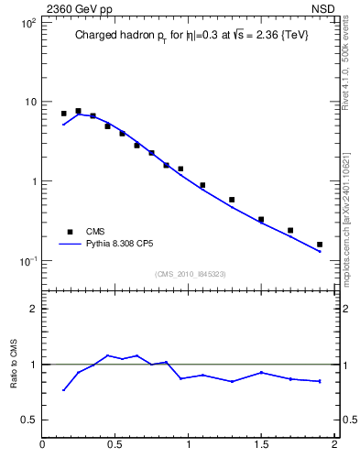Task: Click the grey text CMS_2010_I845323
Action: (x=191, y=274)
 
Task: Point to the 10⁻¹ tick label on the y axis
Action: (x=27, y=261)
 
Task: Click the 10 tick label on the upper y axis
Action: (x=29, y=102)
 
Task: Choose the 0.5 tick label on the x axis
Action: (x=115, y=445)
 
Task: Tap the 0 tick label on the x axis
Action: (x=42, y=445)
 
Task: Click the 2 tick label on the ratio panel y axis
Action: (x=33, y=309)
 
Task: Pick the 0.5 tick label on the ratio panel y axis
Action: (x=29, y=420)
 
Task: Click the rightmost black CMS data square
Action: (x=320, y=245)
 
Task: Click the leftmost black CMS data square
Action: (x=63, y=114)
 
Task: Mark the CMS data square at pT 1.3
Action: (x=232, y=200)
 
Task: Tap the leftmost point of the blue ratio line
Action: (x=63, y=390)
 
